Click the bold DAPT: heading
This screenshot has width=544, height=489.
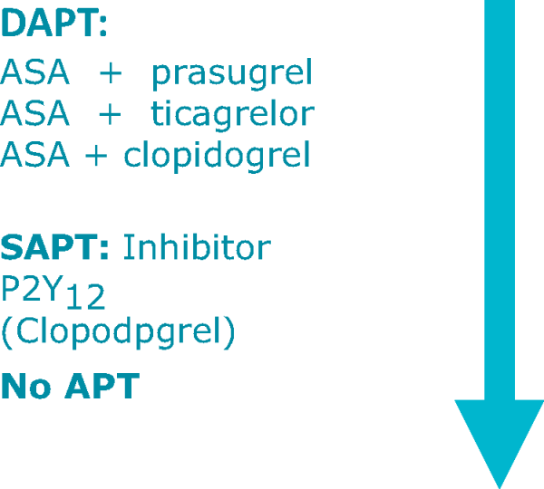pos(53,24)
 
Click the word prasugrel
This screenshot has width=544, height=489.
pos(232,74)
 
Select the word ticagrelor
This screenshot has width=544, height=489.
pos(232,115)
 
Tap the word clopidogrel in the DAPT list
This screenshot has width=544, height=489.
pos(217,156)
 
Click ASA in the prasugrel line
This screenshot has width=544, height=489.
pos(34,72)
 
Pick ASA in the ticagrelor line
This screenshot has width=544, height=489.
pos(34,112)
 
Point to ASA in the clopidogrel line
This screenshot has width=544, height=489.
pos(34,154)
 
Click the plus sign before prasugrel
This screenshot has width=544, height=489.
pos(111,73)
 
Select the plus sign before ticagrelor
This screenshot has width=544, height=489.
pos(110,114)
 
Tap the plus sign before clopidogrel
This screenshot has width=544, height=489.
pos(96,156)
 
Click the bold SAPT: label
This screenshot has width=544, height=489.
pos(54,247)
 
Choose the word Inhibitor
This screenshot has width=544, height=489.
pos(197,246)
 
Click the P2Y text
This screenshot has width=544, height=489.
pos(32,288)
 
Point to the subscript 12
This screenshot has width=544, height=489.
pos(85,297)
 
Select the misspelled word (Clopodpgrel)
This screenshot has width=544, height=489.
pos(118,331)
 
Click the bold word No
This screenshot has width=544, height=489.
pos(26,386)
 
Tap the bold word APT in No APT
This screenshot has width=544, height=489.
pos(102,386)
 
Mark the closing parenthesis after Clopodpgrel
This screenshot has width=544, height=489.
pos(229,332)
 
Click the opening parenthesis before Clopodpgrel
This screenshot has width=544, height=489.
pos(7,332)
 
